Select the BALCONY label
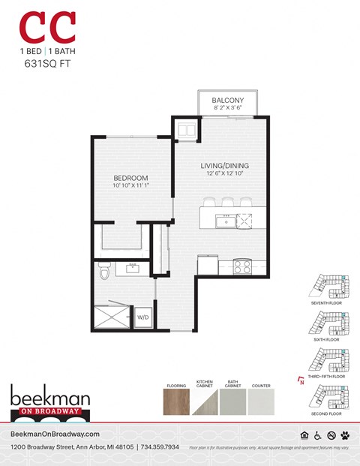pyautogui.click(x=226, y=100)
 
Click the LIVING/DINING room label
pyautogui.click(x=224, y=165)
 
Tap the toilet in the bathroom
pyautogui.click(x=103, y=271)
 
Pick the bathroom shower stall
pyautogui.click(x=113, y=316)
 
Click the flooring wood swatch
pyautogui.click(x=177, y=401)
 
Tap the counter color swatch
pyautogui.click(x=261, y=401)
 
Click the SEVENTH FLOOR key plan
pyautogui.click(x=328, y=286)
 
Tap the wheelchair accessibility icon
pyautogui.click(x=318, y=434)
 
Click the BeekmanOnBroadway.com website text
pyautogui.click(x=55, y=434)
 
